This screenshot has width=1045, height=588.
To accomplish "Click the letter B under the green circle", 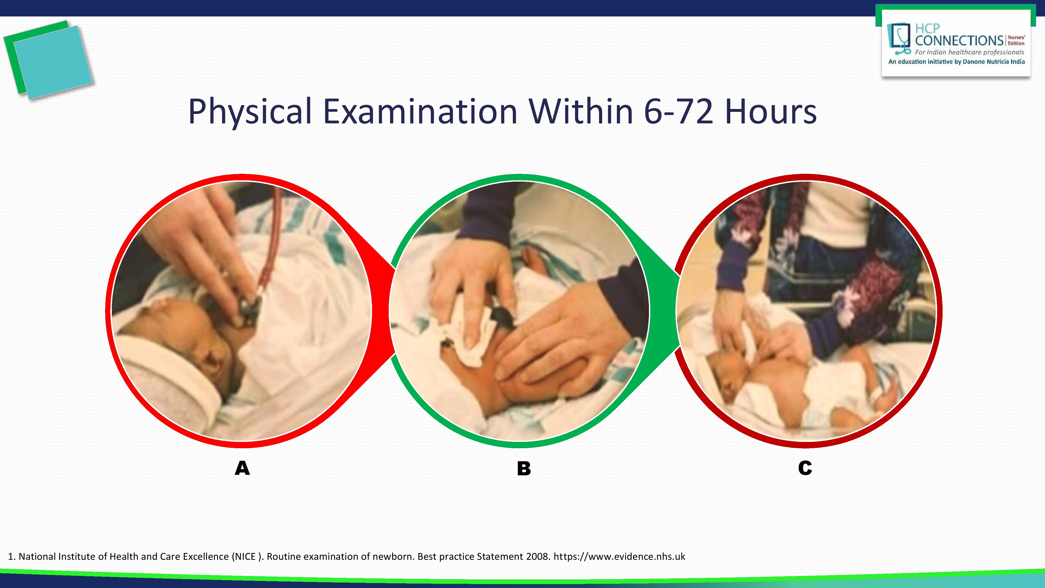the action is point(524,468).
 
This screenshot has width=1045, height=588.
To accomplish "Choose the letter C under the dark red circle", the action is point(805,468).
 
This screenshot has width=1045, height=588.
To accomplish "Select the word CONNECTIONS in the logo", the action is point(959,41).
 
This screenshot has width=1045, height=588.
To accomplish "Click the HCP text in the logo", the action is point(927,28).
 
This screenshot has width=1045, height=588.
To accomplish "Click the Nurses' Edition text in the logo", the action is point(1016,40).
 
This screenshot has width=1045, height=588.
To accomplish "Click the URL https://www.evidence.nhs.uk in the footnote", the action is point(619,556).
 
